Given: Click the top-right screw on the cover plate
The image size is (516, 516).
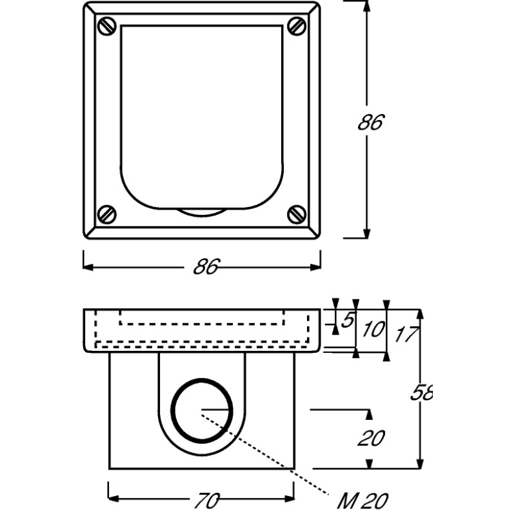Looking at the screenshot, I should coord(297,26).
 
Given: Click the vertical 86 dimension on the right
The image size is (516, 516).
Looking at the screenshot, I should coord(370,122).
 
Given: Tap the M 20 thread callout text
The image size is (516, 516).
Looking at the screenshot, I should coord(363,500).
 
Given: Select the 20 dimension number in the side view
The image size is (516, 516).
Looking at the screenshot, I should coord(370,439).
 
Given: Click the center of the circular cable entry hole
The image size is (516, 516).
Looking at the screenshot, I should coord(202,410).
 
